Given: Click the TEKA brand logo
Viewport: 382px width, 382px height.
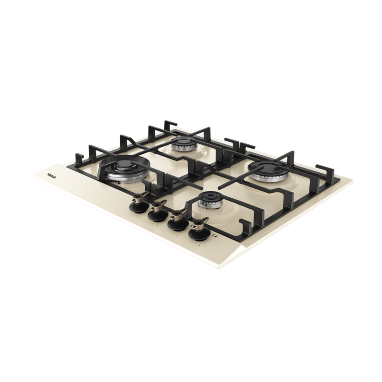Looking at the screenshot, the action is click(51, 176).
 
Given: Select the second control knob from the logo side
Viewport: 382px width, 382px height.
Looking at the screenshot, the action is click(158, 212).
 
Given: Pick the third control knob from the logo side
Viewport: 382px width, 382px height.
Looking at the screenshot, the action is click(178, 221).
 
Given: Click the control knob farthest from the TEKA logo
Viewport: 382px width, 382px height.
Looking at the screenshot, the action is click(199, 230).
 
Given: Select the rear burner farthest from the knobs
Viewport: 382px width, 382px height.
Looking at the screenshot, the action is click(182, 144).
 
